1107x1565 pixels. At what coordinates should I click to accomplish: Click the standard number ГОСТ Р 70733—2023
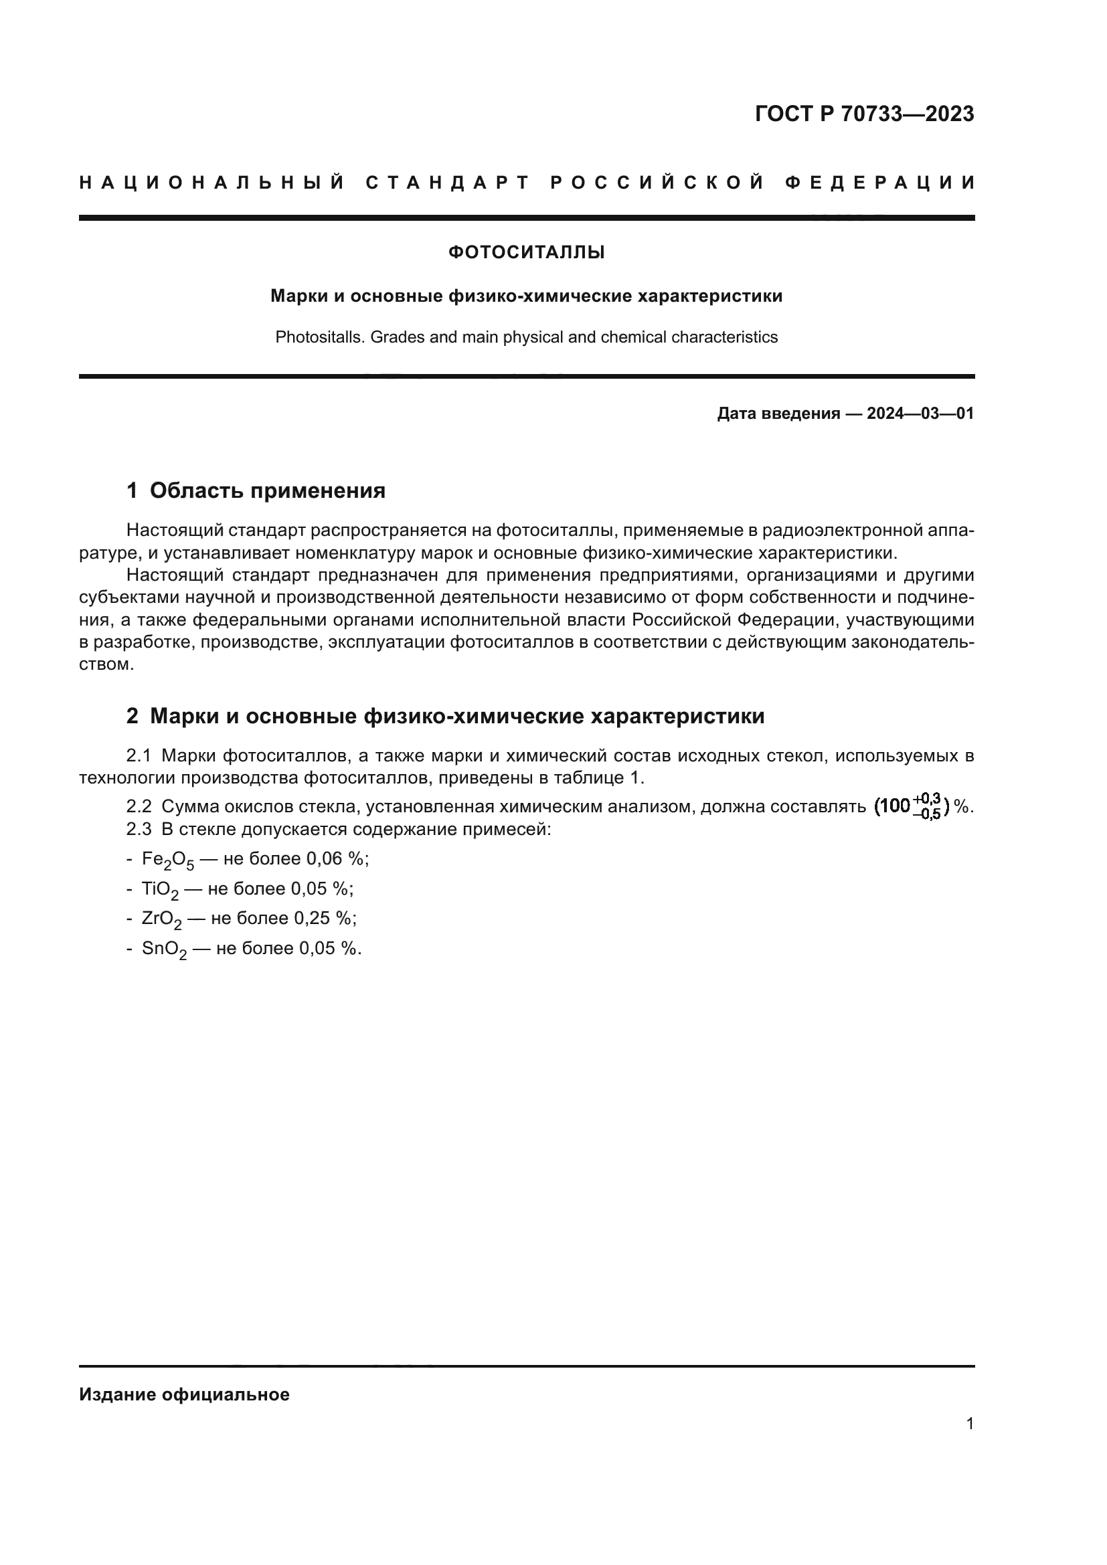click(x=863, y=114)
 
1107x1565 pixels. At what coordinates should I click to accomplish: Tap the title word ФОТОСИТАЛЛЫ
click(x=526, y=253)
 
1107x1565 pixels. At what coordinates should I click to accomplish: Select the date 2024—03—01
click(x=920, y=413)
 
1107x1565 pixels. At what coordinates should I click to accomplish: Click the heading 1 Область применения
click(x=256, y=490)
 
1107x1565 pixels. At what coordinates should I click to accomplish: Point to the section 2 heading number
click(x=133, y=717)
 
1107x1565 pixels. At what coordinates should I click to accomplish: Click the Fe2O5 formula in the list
click(x=168, y=860)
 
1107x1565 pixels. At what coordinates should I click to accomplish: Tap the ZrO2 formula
click(x=161, y=919)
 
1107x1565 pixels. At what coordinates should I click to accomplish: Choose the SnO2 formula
click(x=163, y=949)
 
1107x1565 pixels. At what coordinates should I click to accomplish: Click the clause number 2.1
click(x=139, y=756)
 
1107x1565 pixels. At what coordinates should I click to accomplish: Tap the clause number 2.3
click(x=139, y=830)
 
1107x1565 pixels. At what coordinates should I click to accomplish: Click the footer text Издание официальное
click(x=184, y=1394)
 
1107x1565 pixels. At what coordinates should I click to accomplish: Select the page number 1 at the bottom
click(x=969, y=1424)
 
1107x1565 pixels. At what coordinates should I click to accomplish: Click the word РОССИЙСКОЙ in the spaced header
click(x=657, y=183)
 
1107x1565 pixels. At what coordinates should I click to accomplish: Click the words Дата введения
click(x=778, y=413)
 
